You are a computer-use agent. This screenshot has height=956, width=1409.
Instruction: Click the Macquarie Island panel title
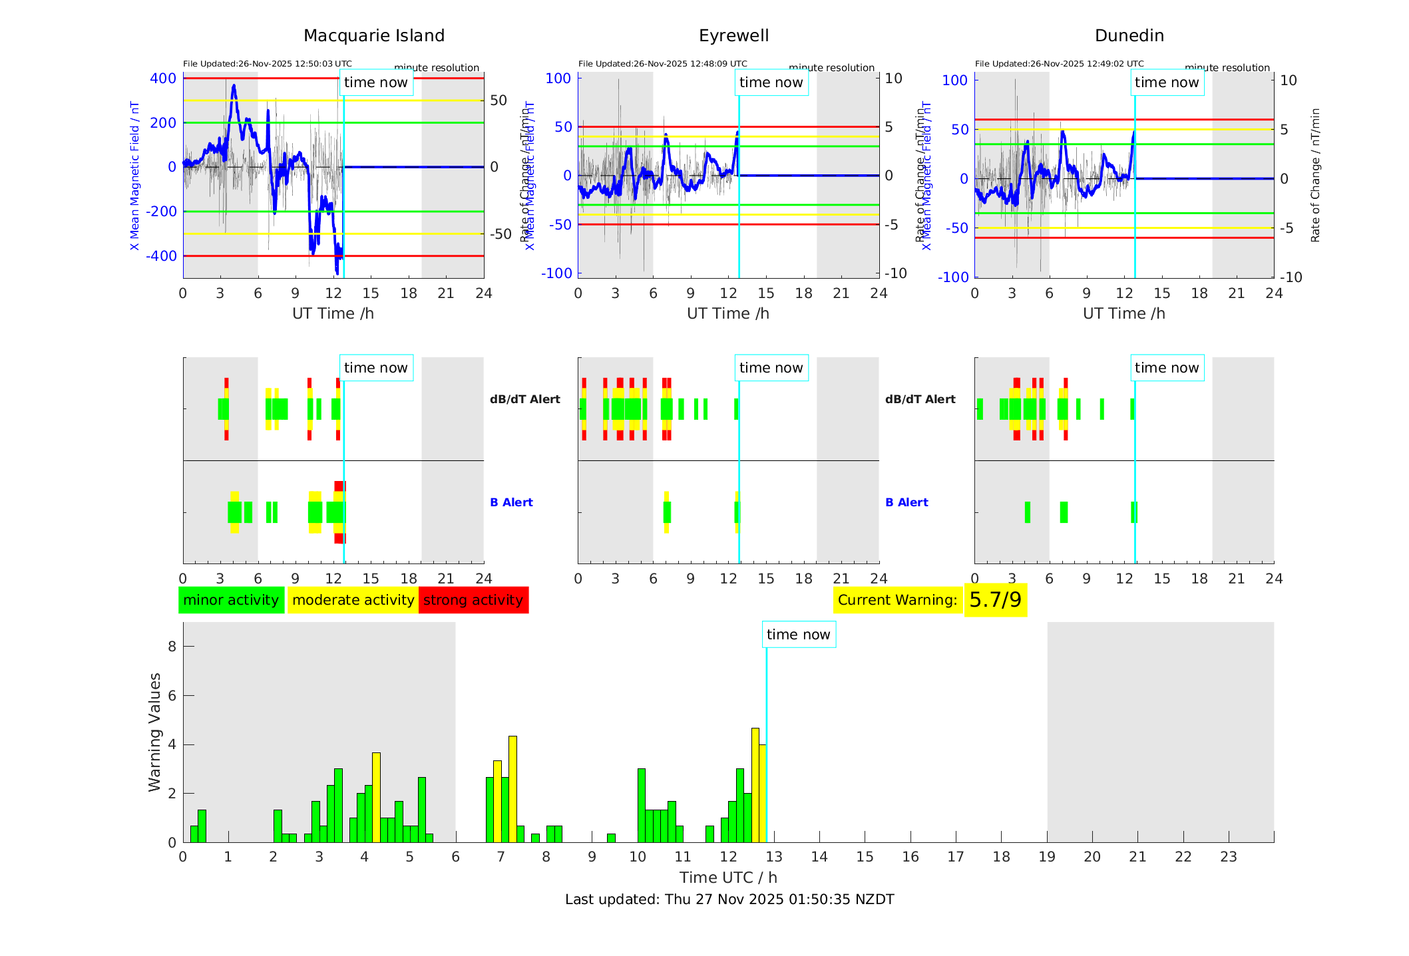(x=374, y=36)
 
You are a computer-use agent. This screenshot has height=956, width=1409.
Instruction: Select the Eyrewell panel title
(x=733, y=36)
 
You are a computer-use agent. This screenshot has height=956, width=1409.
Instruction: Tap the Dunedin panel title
(x=1129, y=36)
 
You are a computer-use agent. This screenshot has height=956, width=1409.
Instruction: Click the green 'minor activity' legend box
(x=231, y=600)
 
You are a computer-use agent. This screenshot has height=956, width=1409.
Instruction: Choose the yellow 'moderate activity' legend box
(x=353, y=600)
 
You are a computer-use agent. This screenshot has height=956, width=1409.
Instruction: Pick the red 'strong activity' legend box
(x=473, y=600)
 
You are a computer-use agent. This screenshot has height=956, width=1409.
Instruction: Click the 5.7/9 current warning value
(x=995, y=600)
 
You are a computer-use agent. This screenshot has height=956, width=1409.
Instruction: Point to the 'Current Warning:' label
(x=897, y=600)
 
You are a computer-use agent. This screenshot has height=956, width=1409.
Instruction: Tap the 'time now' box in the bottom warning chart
(x=799, y=635)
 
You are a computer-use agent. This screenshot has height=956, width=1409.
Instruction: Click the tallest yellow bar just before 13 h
(x=755, y=785)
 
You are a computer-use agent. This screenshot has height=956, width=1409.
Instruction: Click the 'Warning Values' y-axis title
(x=155, y=732)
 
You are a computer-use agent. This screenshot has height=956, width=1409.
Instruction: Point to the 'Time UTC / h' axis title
(x=728, y=877)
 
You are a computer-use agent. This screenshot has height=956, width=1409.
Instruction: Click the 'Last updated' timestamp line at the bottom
(x=729, y=899)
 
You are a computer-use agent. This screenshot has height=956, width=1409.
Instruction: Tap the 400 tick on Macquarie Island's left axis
(x=163, y=79)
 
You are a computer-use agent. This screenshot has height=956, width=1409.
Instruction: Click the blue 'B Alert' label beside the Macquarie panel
(x=511, y=502)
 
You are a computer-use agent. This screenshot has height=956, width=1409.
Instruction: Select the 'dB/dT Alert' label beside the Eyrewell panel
(x=920, y=399)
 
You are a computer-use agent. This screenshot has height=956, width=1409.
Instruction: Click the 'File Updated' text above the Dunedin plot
(x=1059, y=64)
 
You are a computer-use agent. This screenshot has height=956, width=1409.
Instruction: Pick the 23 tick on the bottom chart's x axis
(x=1229, y=857)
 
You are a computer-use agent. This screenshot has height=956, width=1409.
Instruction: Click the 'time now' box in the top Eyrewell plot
(x=771, y=82)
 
